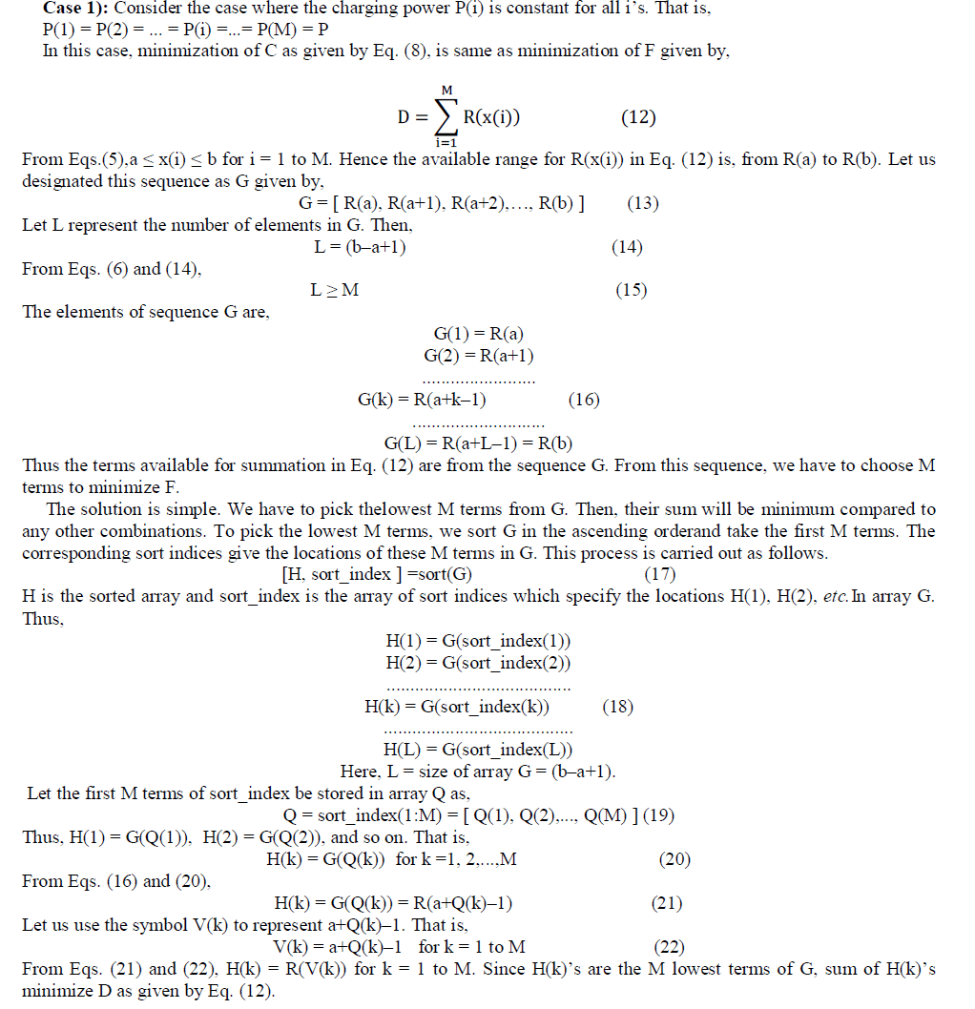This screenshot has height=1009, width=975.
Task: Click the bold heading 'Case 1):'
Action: pos(76,9)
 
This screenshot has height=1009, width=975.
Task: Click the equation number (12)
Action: pos(638,118)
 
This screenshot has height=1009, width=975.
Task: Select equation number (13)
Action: pos(643,203)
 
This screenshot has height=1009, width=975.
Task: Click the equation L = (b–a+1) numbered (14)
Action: pos(360,247)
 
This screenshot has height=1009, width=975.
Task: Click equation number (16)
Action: pos(584,400)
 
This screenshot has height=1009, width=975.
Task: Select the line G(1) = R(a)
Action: pos(479,334)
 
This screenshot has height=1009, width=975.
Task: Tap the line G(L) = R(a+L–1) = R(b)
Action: pos(478,443)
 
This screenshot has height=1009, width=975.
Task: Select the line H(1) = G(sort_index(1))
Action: pos(478,641)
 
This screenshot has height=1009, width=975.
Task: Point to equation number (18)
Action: pos(618,707)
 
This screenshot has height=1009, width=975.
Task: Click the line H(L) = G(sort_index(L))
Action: pos(478,750)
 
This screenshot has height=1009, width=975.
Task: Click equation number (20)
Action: pos(674,859)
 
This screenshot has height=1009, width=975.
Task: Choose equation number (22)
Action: pos(669,947)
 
